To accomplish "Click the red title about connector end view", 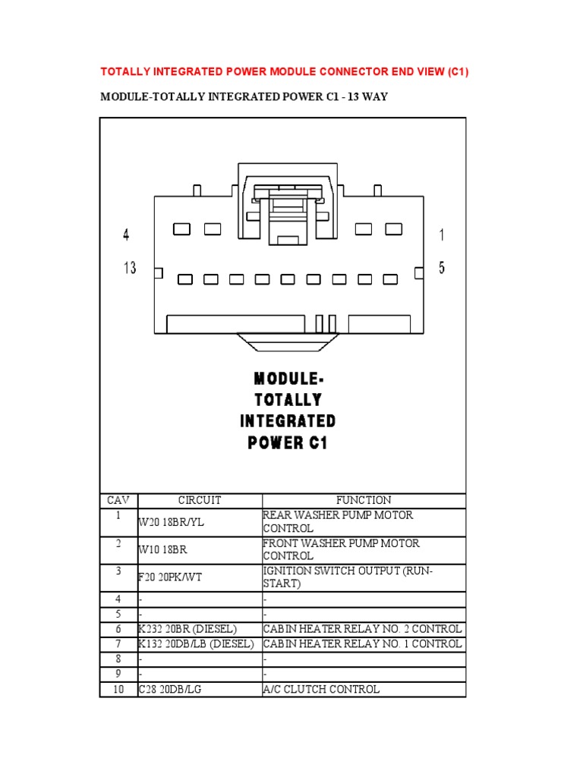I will click(290, 72).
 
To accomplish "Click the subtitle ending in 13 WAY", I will click(244, 97).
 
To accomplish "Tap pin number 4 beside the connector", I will click(126, 236).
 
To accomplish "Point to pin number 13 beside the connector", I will click(129, 268).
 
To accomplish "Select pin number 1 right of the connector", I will click(442, 236).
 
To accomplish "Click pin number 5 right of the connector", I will click(442, 268).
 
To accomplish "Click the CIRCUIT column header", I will click(200, 500).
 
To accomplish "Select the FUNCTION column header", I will click(364, 500).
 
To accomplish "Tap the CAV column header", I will click(118, 500).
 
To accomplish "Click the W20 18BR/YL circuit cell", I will click(172, 522).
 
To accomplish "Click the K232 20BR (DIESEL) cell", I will click(188, 629).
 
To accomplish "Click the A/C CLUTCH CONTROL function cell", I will click(321, 689).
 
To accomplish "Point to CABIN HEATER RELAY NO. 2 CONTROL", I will click(362, 629).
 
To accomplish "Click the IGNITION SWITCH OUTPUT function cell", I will click(347, 577).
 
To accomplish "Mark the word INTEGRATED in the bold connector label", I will click(288, 421).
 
